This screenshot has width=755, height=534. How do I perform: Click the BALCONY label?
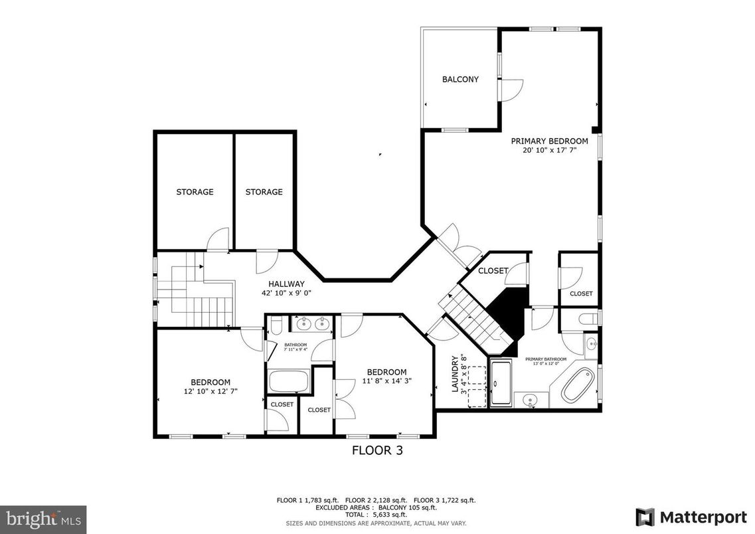click(x=460, y=80)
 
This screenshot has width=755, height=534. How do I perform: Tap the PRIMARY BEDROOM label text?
click(x=549, y=141)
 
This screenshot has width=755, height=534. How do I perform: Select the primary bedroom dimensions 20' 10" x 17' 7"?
click(x=549, y=151)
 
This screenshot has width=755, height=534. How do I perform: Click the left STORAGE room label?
click(x=195, y=192)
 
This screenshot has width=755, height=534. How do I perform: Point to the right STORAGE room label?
click(x=264, y=192)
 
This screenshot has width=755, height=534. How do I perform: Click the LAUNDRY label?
click(x=456, y=373)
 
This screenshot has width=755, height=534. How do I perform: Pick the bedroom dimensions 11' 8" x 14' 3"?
click(x=386, y=381)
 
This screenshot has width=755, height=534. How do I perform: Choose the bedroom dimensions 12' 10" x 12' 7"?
click(x=210, y=391)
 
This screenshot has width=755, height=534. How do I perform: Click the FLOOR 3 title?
click(x=377, y=450)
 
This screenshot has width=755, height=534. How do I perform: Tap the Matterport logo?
click(x=691, y=517)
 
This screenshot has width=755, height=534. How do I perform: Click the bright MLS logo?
click(x=43, y=517)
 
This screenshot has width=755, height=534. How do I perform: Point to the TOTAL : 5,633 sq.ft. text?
click(x=376, y=515)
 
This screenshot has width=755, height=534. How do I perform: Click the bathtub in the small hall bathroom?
click(x=288, y=382)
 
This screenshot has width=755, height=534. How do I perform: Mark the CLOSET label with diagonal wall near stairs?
click(x=493, y=271)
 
